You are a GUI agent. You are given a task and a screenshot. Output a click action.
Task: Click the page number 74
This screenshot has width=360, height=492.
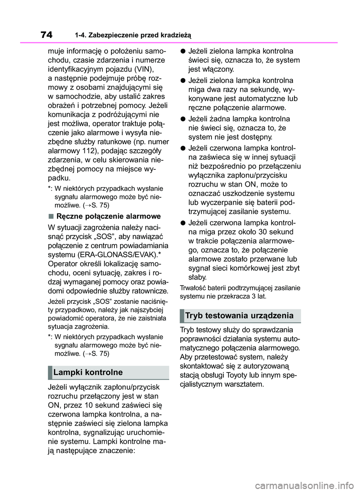46,35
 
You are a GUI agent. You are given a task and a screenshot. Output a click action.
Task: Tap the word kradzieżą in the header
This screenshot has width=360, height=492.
176,36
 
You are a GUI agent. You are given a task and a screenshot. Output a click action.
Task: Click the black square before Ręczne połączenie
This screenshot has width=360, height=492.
51,216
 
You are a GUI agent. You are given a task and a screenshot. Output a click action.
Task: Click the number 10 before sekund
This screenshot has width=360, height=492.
89,405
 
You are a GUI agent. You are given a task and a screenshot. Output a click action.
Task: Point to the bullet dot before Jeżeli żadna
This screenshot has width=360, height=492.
183,119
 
